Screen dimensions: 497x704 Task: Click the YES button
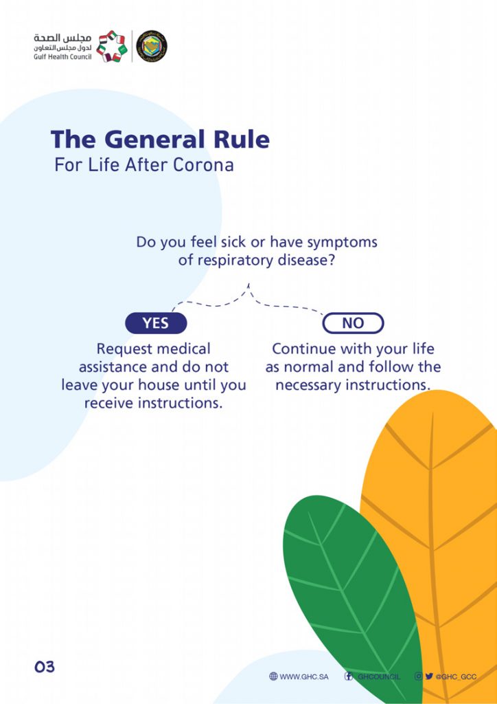point(156,323)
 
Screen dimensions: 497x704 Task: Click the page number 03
point(45,666)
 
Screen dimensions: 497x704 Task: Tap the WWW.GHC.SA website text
point(304,676)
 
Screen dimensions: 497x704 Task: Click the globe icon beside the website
point(273,676)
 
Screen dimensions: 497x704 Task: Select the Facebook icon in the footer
point(348,676)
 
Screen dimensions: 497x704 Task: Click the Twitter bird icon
point(429,676)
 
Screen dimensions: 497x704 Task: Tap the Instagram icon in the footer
point(419,676)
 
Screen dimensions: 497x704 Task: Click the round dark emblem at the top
point(152,46)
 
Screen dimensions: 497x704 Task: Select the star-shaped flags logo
point(112,46)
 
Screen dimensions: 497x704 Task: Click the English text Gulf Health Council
point(62,58)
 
